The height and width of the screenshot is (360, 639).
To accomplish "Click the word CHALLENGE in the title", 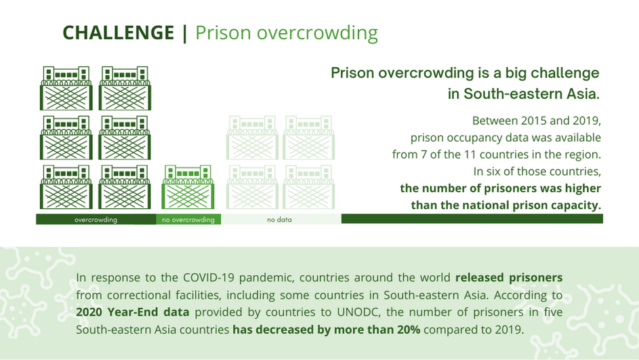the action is [x=118, y=33].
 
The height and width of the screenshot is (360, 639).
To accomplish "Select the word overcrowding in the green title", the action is [x=317, y=33].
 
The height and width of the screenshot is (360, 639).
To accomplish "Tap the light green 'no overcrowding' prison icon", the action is [x=188, y=186].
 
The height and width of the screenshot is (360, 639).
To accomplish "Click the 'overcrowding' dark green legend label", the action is [x=96, y=220].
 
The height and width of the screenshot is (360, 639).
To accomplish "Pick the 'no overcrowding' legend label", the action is [x=188, y=220].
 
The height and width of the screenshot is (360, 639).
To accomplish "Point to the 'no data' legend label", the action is [x=279, y=220].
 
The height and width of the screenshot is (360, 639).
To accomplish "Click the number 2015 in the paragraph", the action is [x=534, y=121].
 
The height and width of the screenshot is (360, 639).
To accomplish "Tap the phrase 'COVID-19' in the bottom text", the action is [x=209, y=277].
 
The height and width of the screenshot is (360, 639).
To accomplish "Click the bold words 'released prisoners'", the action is [x=509, y=277].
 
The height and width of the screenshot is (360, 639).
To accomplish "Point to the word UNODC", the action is [x=358, y=312].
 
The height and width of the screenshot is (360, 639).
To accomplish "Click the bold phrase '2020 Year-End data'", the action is [x=132, y=313].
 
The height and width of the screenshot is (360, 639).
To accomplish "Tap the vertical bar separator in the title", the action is [x=185, y=33].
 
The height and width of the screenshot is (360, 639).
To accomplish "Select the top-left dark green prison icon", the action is [x=66, y=88].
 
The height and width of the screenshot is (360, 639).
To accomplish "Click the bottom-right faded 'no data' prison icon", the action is [x=308, y=186].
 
